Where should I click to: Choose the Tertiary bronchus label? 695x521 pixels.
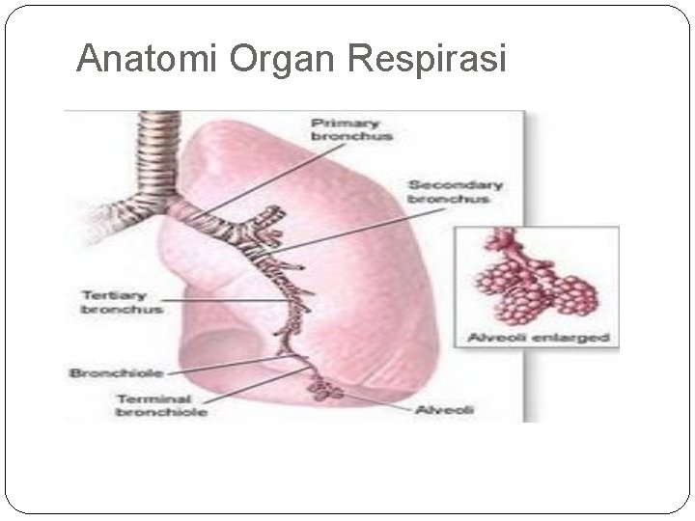point(121,302)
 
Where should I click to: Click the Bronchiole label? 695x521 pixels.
point(115,371)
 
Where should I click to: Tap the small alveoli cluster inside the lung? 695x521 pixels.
point(321,390)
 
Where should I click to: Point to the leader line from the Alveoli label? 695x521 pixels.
point(376,401)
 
